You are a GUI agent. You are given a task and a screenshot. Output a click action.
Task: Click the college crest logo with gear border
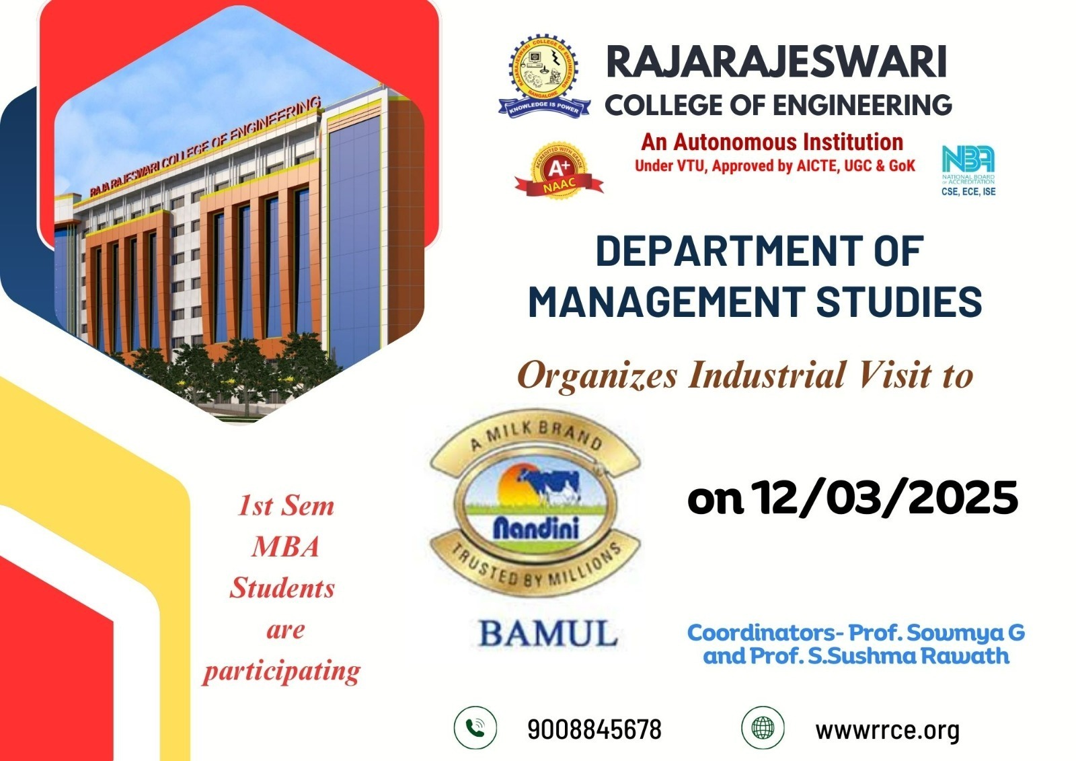point(544,75)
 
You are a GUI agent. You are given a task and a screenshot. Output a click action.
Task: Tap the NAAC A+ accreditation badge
point(559,171)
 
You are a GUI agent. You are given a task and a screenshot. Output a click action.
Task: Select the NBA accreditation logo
point(968,171)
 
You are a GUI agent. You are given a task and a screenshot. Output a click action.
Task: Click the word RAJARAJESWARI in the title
point(777,61)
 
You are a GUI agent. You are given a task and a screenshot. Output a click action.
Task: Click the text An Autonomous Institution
point(772,142)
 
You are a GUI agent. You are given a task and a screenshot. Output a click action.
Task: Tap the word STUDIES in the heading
point(898,301)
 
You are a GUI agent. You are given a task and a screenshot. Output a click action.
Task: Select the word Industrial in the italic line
point(767,375)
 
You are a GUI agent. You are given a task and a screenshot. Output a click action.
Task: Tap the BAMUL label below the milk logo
point(548,633)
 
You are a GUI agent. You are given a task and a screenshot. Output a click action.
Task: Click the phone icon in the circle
point(475,728)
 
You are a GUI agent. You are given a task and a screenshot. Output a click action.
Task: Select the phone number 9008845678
point(594,729)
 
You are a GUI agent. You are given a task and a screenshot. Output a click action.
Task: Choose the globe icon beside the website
point(763,728)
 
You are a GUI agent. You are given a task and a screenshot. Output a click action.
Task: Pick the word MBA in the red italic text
point(285,546)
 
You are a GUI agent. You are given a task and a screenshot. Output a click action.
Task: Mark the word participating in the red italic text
point(282,672)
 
